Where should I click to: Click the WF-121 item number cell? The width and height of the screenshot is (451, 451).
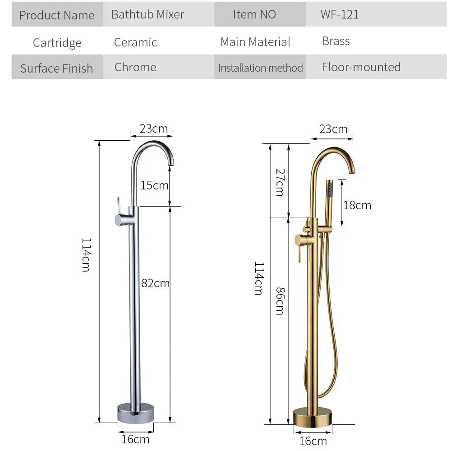coord(340,14)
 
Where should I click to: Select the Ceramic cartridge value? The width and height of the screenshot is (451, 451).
coord(135,42)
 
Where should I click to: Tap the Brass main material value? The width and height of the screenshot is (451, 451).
coord(336,41)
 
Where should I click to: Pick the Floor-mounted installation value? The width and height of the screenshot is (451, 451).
coord(361,67)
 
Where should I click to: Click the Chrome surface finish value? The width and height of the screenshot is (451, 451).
coord(135,67)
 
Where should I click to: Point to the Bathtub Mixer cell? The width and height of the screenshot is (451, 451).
coord(147,14)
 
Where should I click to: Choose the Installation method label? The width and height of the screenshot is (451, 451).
coord(260,68)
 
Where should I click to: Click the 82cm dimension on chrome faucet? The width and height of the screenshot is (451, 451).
coord(155,283)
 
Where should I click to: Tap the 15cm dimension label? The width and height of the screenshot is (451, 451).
coord(154,185)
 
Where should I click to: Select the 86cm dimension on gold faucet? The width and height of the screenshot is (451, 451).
coord(279,300)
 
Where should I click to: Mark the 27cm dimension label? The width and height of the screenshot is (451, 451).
coord(279,182)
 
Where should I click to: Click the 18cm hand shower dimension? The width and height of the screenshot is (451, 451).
coord(357,205)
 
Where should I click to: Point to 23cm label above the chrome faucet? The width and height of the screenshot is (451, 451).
coord(153,129)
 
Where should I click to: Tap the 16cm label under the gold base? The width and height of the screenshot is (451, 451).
coord(313,441)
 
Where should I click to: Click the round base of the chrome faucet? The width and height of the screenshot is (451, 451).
coord(135,413)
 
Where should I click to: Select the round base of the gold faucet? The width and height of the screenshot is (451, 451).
coord(312,417)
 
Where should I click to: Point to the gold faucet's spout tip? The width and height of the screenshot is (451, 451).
coord(352,170)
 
